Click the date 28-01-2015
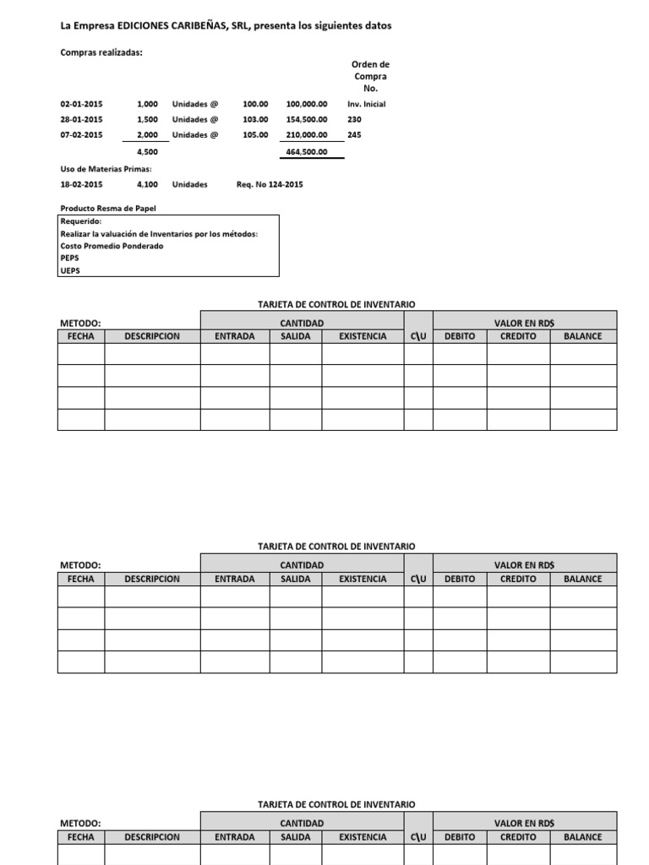(x=81, y=119)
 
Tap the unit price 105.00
(x=255, y=134)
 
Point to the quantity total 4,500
(x=147, y=152)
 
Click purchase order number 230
(x=354, y=119)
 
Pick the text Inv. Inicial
(x=366, y=104)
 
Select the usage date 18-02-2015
(x=81, y=184)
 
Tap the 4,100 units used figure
(x=147, y=184)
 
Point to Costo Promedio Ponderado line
(x=112, y=246)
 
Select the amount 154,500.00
(x=307, y=119)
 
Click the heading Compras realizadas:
(x=101, y=52)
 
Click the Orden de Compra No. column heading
(x=370, y=76)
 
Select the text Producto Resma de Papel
(x=108, y=208)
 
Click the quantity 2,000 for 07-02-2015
(x=147, y=134)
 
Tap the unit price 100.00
(x=255, y=104)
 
